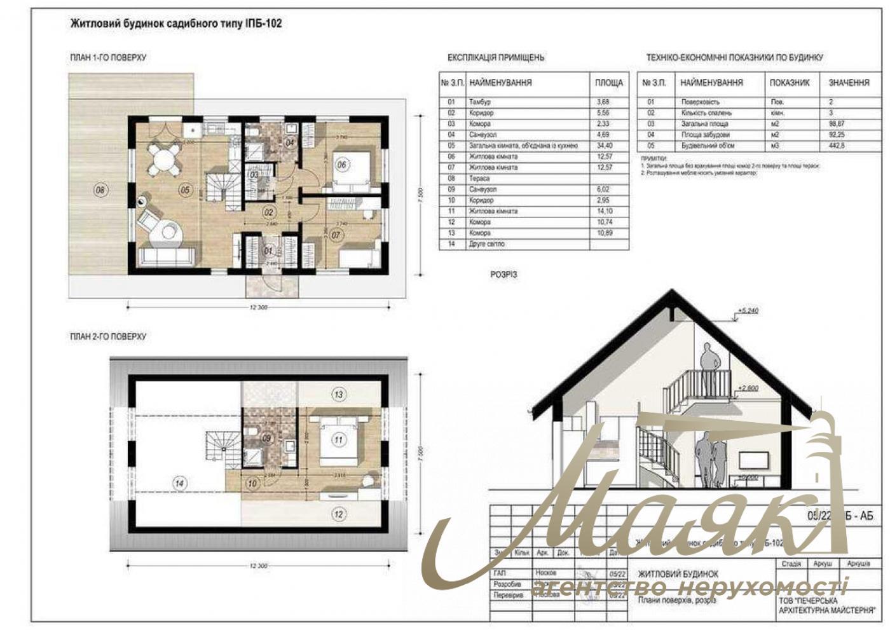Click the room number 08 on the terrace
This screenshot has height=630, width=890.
pyautogui.click(x=100, y=189)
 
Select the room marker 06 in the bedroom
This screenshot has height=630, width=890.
pyautogui.click(x=341, y=165)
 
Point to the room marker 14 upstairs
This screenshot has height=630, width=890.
pyautogui.click(x=180, y=484)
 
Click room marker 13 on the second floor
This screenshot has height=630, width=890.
pyautogui.click(x=338, y=395)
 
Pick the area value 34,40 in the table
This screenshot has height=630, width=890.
pyautogui.click(x=604, y=146)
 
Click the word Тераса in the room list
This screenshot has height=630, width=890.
pyautogui.click(x=479, y=179)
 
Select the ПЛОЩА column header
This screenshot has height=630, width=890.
pyautogui.click(x=608, y=83)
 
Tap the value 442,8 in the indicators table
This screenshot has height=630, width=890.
pyautogui.click(x=837, y=146)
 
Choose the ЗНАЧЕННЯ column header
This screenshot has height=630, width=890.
pyautogui.click(x=849, y=83)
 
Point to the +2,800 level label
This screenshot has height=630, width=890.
pyautogui.click(x=748, y=388)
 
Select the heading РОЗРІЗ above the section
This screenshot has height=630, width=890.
pyautogui.click(x=503, y=275)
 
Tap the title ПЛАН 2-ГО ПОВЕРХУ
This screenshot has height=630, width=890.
pyautogui.click(x=108, y=336)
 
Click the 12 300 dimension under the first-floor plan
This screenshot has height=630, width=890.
pyautogui.click(x=259, y=307)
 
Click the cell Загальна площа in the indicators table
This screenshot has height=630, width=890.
pyautogui.click(x=705, y=124)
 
